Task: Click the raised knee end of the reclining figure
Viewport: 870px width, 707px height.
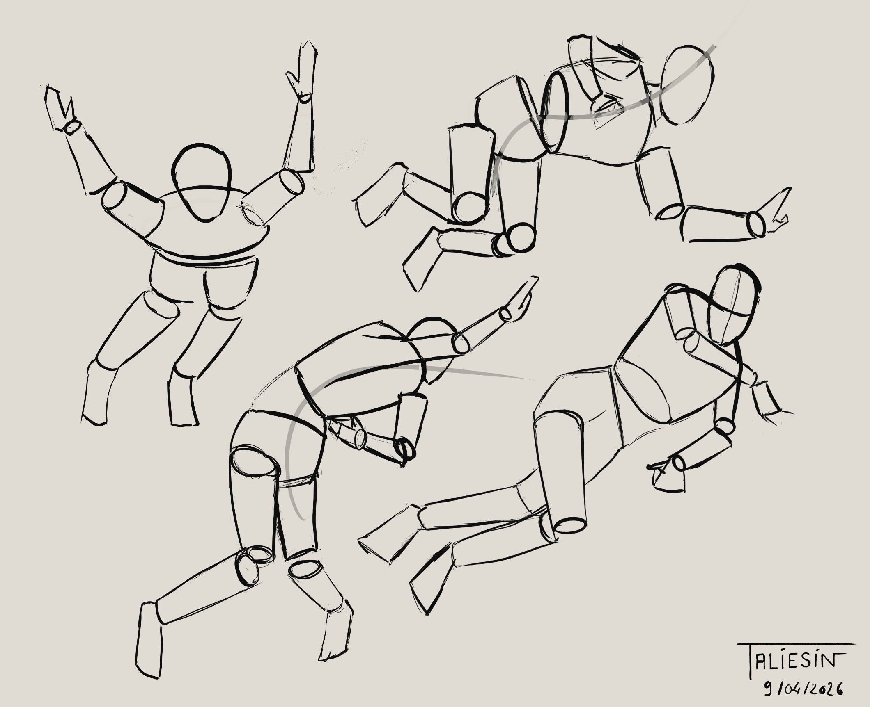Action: pos(571,525)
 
